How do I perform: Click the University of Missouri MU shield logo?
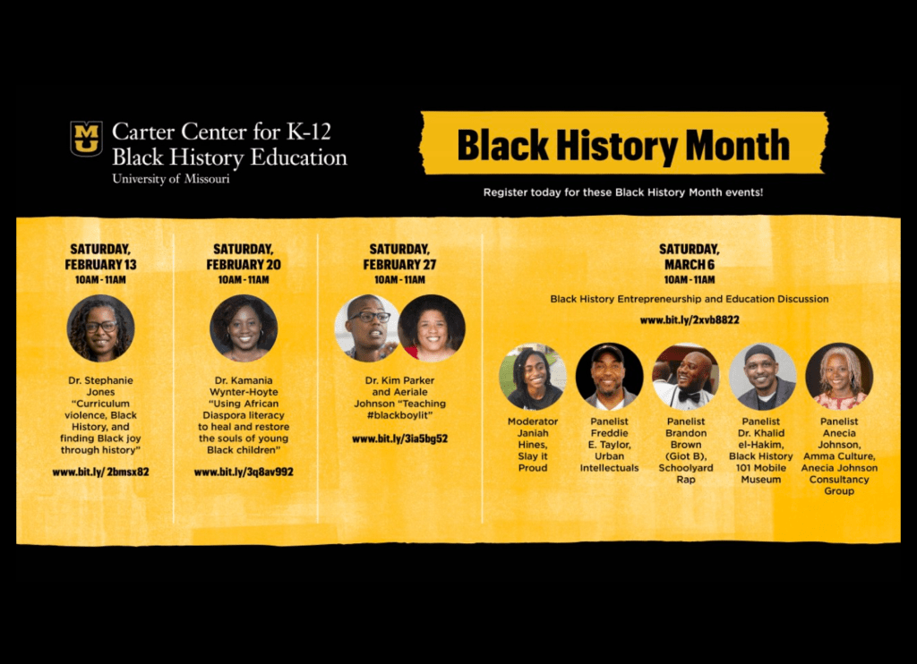87,139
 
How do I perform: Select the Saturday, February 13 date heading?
100,257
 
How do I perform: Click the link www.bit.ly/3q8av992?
244,472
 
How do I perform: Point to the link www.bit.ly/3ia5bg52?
400,438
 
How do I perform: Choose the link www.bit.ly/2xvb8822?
690,319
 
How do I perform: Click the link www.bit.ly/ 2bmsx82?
100,472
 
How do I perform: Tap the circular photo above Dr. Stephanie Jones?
100,328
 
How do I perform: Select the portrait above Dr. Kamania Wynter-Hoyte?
244,328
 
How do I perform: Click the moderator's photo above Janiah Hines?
533,377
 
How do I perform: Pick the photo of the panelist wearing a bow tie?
685,377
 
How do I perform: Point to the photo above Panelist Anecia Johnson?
839,377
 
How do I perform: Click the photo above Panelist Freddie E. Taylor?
609,377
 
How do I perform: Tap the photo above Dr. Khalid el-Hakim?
763,377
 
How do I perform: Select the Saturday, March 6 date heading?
690,257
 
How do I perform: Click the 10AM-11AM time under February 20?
244,280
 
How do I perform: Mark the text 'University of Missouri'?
171,179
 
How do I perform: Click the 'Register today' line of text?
623,192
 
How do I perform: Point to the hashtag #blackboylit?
400,415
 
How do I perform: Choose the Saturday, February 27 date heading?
400,257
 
